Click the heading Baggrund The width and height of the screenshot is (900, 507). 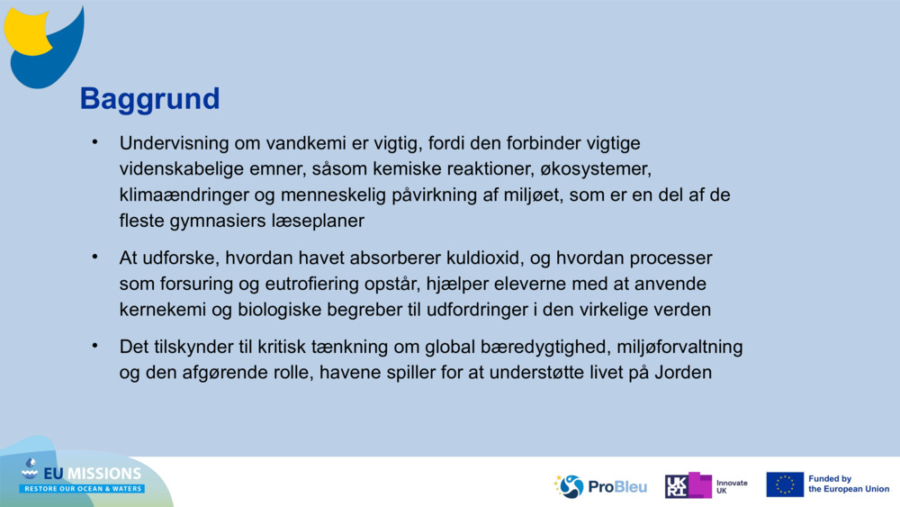[x=149, y=98]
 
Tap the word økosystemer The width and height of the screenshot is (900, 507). [x=589, y=168]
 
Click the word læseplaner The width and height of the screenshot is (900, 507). [x=320, y=219]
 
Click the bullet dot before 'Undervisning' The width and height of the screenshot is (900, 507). [x=93, y=142]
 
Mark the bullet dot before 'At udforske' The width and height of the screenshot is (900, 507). [x=93, y=258]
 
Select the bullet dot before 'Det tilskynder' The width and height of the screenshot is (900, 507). [x=93, y=346]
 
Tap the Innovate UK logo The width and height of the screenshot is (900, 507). [x=707, y=486]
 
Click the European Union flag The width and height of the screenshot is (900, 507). [x=784, y=484]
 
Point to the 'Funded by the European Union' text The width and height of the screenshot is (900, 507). [x=848, y=484]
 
